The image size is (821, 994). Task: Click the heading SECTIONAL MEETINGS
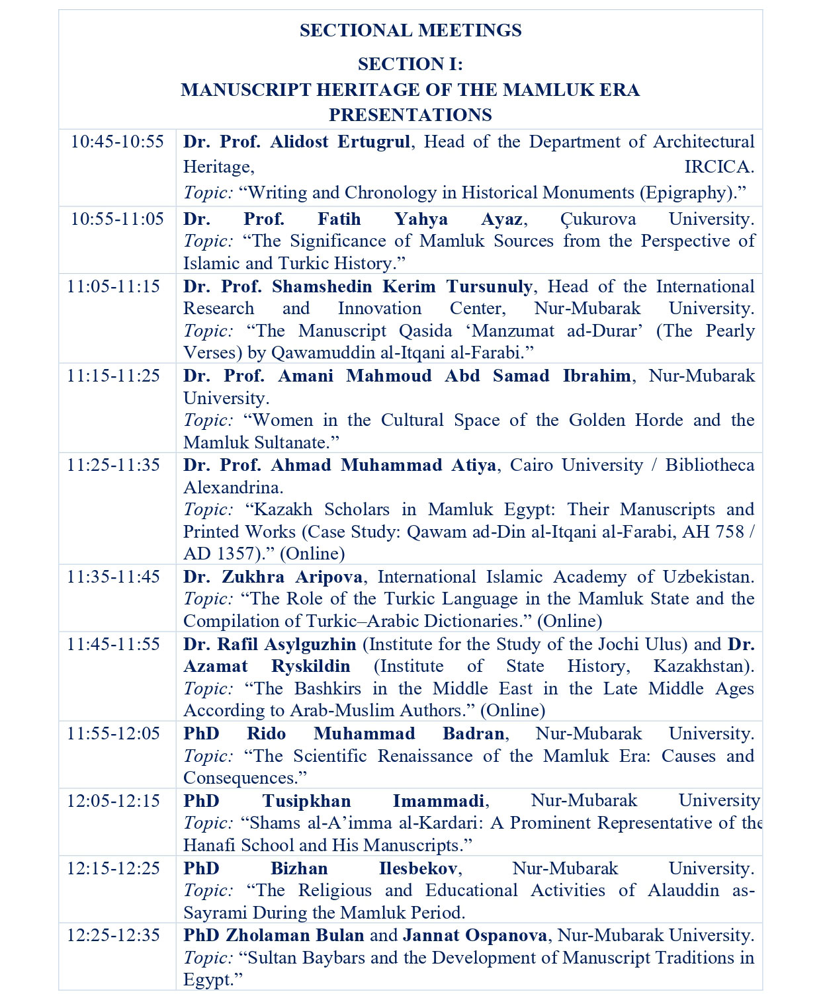[410, 30]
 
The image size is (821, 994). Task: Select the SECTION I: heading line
[410, 64]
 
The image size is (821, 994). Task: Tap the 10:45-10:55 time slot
[117, 142]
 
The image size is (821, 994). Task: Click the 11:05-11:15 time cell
[114, 286]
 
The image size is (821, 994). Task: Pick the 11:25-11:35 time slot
[114, 465]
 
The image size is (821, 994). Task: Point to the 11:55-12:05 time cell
[114, 733]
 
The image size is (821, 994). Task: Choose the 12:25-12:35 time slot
[114, 935]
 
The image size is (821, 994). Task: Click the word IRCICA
[719, 167]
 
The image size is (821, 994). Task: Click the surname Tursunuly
[489, 286]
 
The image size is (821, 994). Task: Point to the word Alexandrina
[233, 487]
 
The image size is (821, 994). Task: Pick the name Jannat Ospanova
[474, 935]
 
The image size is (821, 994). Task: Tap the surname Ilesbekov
[417, 868]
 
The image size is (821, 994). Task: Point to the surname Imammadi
[439, 801]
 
